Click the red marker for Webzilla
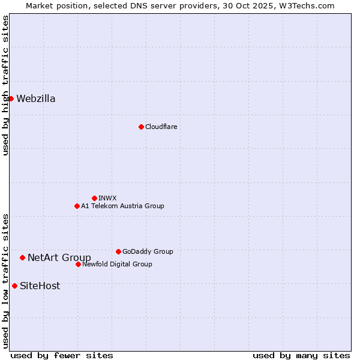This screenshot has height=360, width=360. (x=11, y=98)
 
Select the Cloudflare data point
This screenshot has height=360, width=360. (x=141, y=127)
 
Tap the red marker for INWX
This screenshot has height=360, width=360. (x=94, y=198)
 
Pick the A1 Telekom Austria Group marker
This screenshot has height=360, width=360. (x=77, y=206)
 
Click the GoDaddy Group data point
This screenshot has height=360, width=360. (x=118, y=251)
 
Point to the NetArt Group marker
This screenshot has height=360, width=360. (x=22, y=257)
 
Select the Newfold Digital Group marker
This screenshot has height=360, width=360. (x=78, y=264)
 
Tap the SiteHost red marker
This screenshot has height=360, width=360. (x=14, y=286)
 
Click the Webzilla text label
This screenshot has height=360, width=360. (x=36, y=99)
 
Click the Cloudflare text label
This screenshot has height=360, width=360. (x=161, y=127)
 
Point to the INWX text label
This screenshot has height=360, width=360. (x=107, y=199)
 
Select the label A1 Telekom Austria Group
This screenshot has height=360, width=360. (x=122, y=206)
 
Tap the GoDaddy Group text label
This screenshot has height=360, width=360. (x=148, y=252)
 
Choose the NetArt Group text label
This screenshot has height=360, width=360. (x=59, y=258)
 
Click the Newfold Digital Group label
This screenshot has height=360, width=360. (x=117, y=265)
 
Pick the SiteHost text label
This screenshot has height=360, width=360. (x=40, y=286)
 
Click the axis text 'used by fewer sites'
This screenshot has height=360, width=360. (x=62, y=355)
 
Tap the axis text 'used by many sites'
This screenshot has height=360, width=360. (x=301, y=355)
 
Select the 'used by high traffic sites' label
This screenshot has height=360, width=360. (x=5, y=85)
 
